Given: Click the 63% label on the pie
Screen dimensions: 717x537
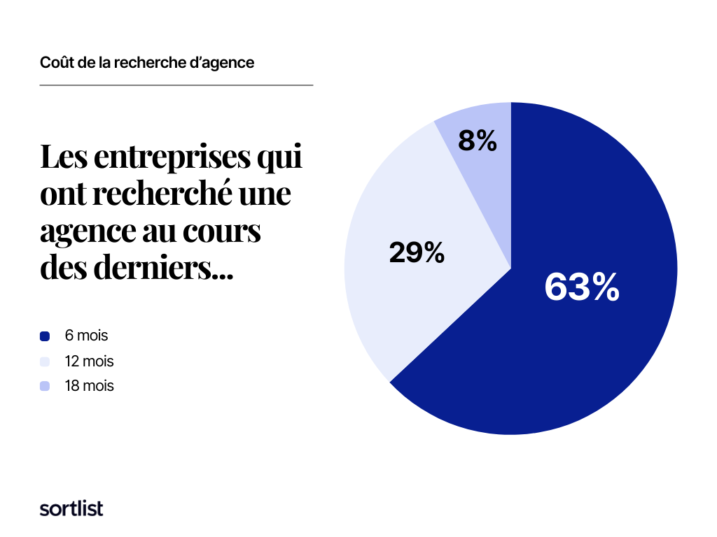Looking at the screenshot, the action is (x=582, y=287).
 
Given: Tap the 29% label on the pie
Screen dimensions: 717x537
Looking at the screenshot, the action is (x=417, y=252).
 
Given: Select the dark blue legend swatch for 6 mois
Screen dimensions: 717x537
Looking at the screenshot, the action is (x=45, y=336).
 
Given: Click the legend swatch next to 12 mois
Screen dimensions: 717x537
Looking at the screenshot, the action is (x=45, y=361).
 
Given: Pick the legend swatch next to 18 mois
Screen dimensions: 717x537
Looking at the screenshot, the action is (x=45, y=386).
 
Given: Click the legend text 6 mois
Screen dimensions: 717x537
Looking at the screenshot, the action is (x=86, y=336).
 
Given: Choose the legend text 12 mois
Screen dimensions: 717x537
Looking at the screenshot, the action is (x=89, y=361).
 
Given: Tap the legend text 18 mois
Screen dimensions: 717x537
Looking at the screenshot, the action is (x=89, y=386).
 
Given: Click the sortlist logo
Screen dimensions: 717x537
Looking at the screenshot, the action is (x=71, y=508).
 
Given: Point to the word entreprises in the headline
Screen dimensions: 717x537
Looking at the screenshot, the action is (x=172, y=157).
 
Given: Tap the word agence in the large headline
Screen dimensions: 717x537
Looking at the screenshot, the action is (x=88, y=232).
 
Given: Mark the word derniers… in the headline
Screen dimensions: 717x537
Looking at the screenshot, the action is (x=164, y=266).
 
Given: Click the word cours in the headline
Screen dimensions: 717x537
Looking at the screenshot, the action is (x=222, y=231).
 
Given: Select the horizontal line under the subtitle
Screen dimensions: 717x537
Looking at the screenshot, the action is (x=176, y=85).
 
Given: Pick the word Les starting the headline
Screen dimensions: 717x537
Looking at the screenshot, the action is (x=64, y=157).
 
